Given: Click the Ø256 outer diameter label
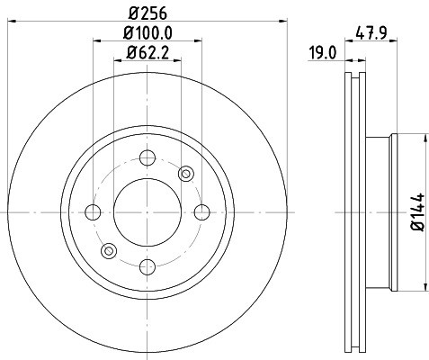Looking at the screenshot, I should click(x=147, y=13).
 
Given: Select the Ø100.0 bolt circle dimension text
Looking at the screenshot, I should click(x=147, y=33).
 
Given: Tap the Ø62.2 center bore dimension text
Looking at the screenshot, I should click(x=147, y=52).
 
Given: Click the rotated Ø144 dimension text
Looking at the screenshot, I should click(x=417, y=213).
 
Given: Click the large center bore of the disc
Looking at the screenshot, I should click(x=147, y=211).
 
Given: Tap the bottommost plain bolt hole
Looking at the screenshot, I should click(x=147, y=265).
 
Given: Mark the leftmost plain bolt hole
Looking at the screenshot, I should click(x=93, y=211).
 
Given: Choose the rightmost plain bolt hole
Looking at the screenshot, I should click(x=201, y=211).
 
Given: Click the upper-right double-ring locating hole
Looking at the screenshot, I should click(x=186, y=173).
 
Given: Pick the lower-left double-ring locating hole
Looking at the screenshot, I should click(x=109, y=250).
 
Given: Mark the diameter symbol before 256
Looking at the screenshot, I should click(x=133, y=13).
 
